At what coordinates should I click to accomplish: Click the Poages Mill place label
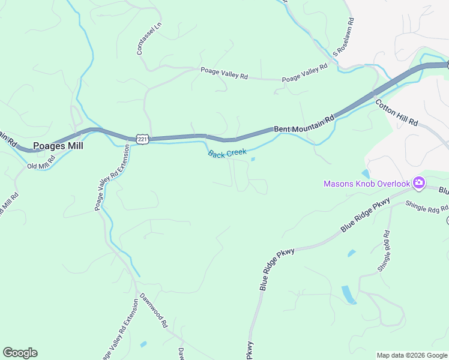click(x=58, y=145)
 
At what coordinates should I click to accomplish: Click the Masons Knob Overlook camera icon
click(x=418, y=183)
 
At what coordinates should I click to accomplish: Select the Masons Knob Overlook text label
click(x=366, y=184)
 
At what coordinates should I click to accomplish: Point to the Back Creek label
click(x=227, y=154)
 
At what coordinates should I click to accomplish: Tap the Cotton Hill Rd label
click(x=397, y=112)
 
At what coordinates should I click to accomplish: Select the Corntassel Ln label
click(x=141, y=40)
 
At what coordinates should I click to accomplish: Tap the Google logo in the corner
click(x=20, y=353)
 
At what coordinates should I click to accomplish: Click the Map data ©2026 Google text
click(x=412, y=355)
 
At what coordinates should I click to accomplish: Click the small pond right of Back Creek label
click(x=253, y=159)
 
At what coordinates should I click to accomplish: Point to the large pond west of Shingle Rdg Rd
click(x=348, y=295)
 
